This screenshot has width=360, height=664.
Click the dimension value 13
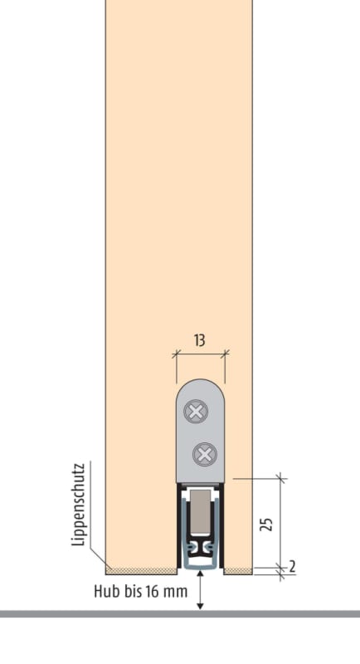[200, 340]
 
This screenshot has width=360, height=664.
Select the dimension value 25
[266, 524]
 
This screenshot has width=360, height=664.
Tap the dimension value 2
[292, 567]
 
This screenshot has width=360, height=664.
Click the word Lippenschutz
[79, 505]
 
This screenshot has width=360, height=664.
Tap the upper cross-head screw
[196, 411]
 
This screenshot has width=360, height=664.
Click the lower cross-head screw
[205, 455]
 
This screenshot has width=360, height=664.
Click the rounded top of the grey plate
[201, 381]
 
